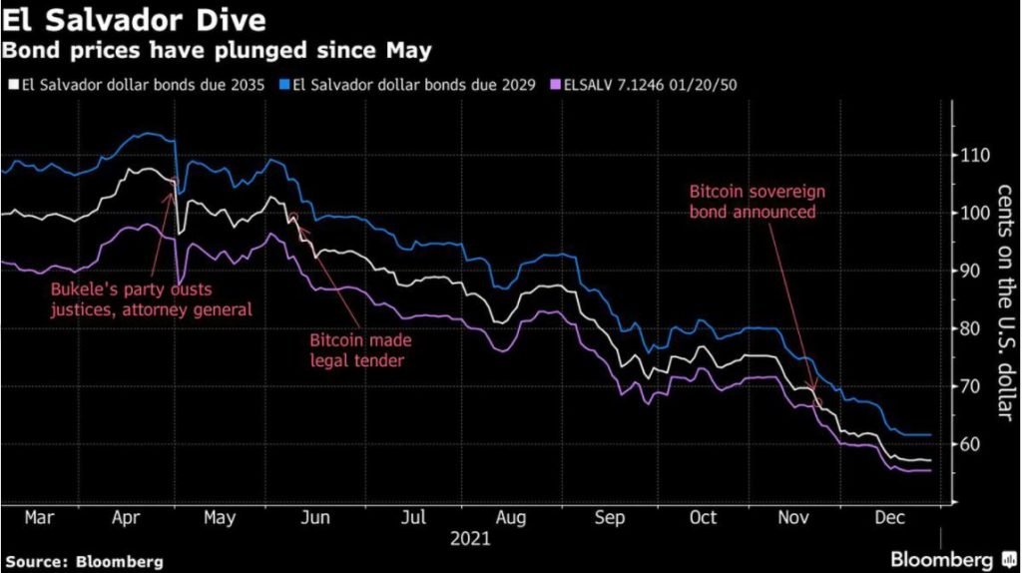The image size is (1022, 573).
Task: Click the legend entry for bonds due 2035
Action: tap(141, 86)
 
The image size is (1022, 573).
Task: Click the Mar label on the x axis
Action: tap(40, 518)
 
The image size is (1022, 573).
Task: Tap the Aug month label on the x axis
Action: tap(511, 518)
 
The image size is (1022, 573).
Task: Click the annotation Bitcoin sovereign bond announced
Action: tap(758, 202)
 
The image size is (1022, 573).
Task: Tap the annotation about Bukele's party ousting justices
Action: tap(151, 300)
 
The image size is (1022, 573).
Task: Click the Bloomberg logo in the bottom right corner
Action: tap(942, 559)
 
